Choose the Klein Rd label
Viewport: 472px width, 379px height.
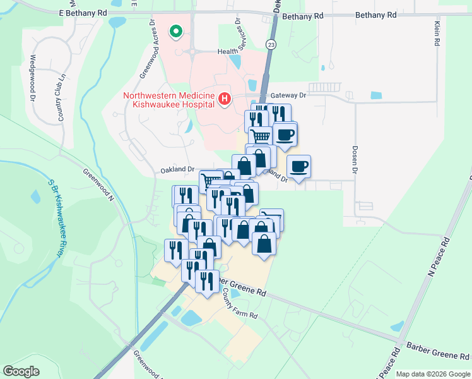pyautogui.click(x=437, y=33)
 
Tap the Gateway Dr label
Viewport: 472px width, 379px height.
pyautogui.click(x=288, y=95)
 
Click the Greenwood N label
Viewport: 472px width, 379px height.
pyautogui.click(x=97, y=180)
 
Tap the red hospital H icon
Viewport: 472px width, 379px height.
pyautogui.click(x=223, y=99)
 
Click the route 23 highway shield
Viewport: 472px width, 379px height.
pyautogui.click(x=271, y=44)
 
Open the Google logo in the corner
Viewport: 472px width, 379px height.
pyautogui.click(x=21, y=371)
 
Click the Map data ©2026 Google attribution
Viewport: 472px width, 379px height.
pyautogui.click(x=432, y=374)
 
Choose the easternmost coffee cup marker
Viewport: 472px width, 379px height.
pyautogui.click(x=299, y=167)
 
